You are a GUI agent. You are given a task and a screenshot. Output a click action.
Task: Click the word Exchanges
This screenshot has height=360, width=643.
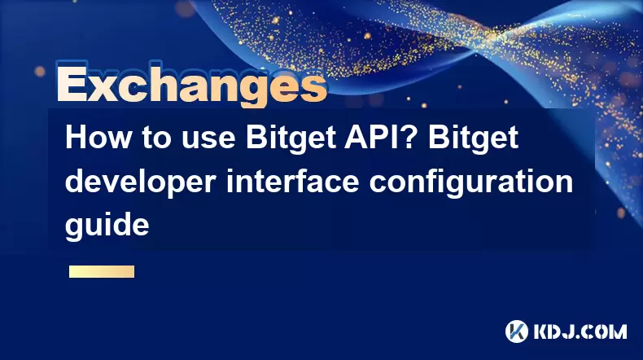pos(191,85)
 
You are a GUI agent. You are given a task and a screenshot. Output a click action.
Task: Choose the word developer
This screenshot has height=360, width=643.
pos(140,182)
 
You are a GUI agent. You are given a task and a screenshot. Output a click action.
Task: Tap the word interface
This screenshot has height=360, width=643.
pos(292,181)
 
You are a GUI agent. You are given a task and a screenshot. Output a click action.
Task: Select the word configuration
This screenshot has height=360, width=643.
pos(470,182)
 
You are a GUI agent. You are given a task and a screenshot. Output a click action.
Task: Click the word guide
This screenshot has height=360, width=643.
pos(107,226)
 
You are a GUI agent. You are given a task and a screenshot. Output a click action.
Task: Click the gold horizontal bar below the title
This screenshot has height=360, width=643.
pos(102,271)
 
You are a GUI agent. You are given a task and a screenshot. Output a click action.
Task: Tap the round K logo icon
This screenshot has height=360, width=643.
pos(517,331)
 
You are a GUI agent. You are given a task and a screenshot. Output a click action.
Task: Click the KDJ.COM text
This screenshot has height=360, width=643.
pos(580,331)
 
